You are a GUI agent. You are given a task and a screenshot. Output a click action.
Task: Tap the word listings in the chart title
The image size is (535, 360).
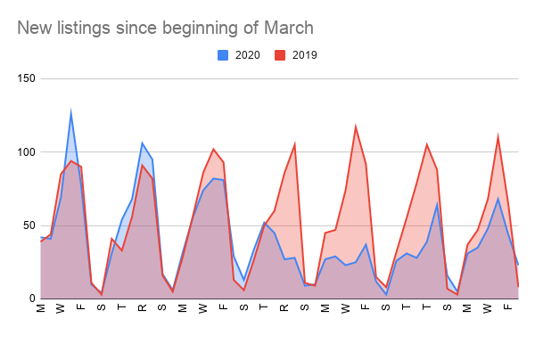[x=87, y=29]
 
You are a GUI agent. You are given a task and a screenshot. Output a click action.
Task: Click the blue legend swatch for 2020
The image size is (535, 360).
[x=224, y=55]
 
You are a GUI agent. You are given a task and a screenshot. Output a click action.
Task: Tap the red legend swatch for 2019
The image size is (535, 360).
[x=279, y=55]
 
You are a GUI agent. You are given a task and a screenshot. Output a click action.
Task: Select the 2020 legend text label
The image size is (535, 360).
[x=247, y=55]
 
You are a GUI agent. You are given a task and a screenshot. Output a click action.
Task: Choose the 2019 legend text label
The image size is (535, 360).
[x=303, y=55]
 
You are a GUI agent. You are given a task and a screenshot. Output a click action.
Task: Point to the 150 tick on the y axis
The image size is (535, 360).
[x=24, y=78]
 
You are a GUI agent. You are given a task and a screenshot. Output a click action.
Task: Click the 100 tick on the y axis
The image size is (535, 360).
[x=24, y=152]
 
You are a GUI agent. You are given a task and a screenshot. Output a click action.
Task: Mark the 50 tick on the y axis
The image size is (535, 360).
[x=27, y=225]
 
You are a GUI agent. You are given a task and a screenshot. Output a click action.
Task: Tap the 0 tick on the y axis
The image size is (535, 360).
[x=30, y=299]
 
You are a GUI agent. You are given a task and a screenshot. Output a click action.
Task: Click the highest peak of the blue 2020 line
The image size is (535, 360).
[x=70, y=113]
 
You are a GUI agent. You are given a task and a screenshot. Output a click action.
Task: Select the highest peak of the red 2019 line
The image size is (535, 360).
[x=356, y=127]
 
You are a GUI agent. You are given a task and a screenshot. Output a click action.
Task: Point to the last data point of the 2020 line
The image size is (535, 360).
[x=518, y=265]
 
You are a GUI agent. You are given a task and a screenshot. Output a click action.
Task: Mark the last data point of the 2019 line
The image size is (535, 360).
[x=518, y=286]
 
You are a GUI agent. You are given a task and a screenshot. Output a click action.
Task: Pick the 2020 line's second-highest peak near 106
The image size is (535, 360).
[x=142, y=143]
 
